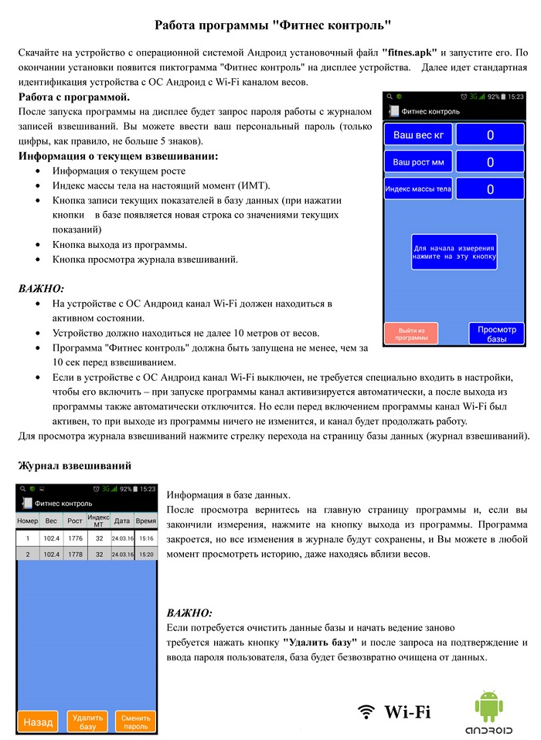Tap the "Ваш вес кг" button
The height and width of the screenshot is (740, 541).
click(x=418, y=135)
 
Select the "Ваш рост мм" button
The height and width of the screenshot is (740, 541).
click(x=418, y=162)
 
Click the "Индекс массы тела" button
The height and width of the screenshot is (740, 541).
click(x=418, y=188)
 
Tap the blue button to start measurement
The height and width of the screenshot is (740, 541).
click(x=454, y=251)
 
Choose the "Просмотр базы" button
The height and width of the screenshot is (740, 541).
click(x=496, y=334)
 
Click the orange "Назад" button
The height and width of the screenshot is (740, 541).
click(x=38, y=722)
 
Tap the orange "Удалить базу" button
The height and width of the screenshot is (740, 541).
click(x=87, y=722)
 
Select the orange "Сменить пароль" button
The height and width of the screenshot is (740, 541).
click(x=135, y=722)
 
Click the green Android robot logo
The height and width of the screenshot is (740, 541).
click(x=488, y=707)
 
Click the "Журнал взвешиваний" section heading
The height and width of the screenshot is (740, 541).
click(x=75, y=466)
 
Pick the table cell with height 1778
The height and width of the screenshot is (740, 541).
click(x=75, y=554)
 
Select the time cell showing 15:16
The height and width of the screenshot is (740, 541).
click(x=146, y=538)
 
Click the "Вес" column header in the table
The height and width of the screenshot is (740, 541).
click(x=51, y=521)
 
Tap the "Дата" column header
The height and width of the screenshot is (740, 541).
click(x=121, y=521)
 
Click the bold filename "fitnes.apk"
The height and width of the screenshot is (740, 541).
click(x=410, y=53)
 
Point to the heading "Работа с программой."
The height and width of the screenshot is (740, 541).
click(x=74, y=98)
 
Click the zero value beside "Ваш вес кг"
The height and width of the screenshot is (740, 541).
click(x=490, y=135)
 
